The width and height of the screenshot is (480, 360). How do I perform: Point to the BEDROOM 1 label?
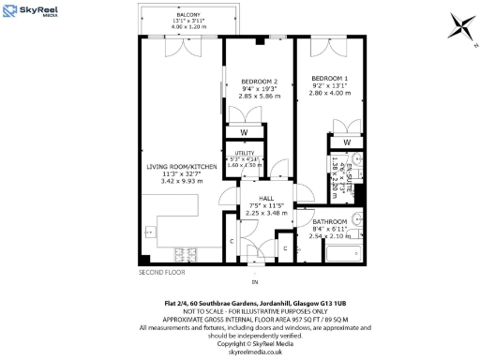pyautogui.click(x=329, y=77)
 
